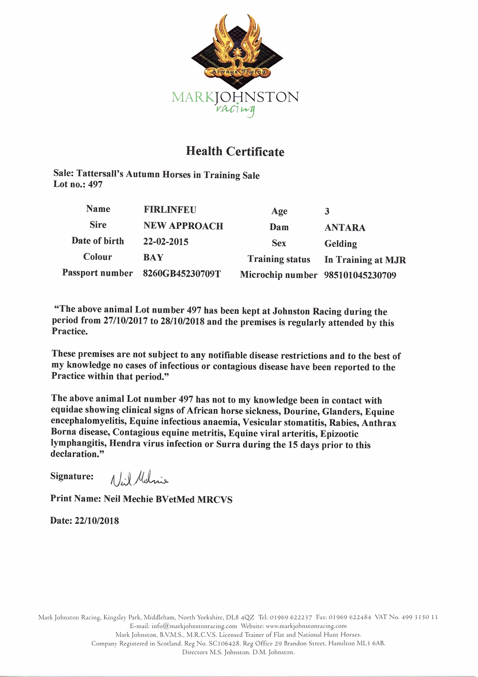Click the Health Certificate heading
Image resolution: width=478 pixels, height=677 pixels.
pos(235,151)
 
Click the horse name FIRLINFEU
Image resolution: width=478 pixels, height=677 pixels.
pos(170,210)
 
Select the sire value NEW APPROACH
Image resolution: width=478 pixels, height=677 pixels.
pos(183,226)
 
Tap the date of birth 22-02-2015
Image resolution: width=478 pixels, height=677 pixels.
pos(166,242)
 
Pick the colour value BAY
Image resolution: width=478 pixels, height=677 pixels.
pos(153,257)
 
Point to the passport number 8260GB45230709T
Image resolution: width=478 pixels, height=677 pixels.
pos(182,274)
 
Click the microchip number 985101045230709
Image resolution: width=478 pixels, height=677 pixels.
pos(360,275)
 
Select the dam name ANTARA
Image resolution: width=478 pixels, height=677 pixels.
pos(345,228)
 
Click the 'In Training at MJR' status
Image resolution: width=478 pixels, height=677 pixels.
pos(365,260)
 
